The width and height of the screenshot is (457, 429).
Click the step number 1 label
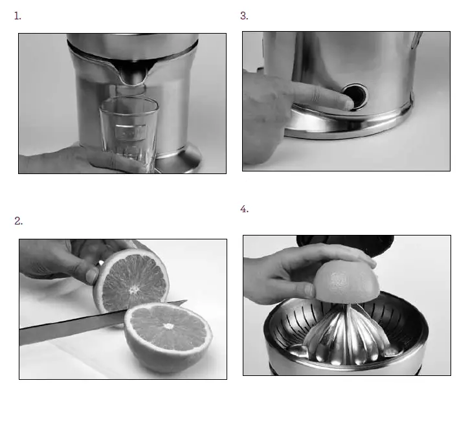click(x=17, y=16)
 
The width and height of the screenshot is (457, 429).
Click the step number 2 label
click(x=19, y=221)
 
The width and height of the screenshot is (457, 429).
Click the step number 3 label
click(x=244, y=16)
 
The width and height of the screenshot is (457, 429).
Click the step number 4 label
click(x=244, y=209)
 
